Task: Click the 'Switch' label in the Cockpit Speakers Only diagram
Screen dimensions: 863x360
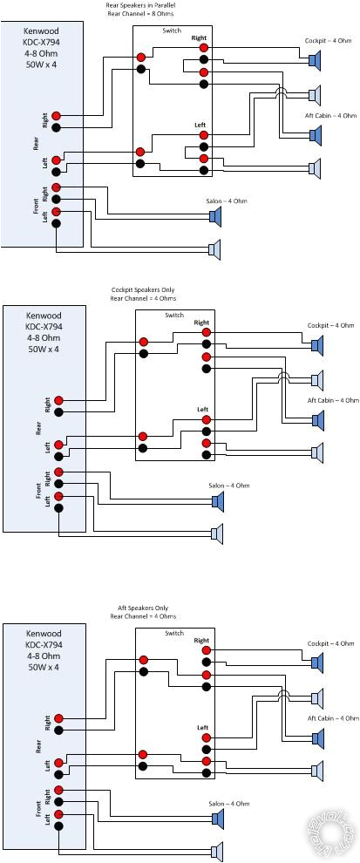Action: pos(174,315)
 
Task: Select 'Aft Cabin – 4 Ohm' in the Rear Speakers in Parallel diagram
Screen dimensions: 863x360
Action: pos(330,115)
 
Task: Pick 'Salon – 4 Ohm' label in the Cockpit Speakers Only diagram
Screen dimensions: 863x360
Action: pos(227,484)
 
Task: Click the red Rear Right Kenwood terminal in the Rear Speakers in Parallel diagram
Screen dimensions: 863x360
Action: pos(56,116)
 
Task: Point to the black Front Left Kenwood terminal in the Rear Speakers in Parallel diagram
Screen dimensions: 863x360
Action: pos(56,222)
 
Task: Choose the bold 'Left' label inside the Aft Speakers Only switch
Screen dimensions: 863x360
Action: pos(202,727)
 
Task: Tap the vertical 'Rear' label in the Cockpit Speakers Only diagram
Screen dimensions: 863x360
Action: pos(38,427)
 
